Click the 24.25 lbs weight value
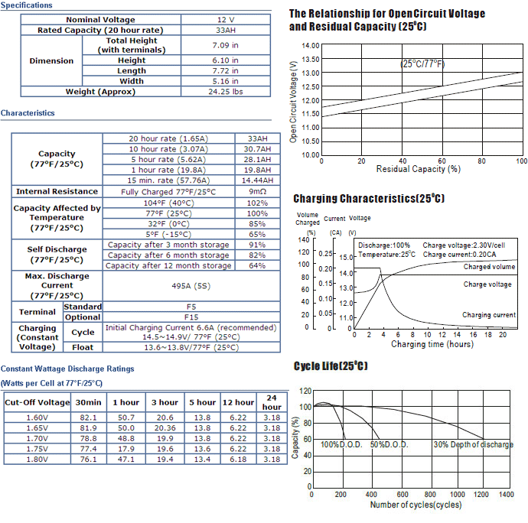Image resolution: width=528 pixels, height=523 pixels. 225,92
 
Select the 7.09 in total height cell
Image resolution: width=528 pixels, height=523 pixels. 225,45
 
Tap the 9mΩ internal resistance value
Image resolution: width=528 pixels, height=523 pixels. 257,191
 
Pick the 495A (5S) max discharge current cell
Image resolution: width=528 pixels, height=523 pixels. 191,286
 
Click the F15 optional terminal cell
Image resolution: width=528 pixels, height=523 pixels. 191,317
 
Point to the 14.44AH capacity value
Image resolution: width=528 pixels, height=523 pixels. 257,180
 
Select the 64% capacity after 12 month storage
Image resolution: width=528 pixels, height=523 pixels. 257,266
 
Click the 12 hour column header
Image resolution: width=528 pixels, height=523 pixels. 238,402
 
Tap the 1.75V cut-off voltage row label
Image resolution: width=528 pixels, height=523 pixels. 37,449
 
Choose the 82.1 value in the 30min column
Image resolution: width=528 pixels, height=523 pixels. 88,417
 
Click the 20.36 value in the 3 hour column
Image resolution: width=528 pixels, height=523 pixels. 165,428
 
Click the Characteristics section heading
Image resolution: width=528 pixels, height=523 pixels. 28,113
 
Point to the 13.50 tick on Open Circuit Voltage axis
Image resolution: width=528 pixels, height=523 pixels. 310,59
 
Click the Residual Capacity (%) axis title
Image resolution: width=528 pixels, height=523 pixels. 419,169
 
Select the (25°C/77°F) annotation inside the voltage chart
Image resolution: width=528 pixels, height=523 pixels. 422,63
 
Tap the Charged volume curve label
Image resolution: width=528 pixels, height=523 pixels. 489,267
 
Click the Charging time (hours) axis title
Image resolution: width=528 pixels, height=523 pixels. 432,344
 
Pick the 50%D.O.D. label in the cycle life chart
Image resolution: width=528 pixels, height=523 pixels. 389,444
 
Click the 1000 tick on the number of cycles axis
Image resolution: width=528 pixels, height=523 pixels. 458,495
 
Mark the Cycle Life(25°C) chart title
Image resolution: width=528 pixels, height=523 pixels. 331,365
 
